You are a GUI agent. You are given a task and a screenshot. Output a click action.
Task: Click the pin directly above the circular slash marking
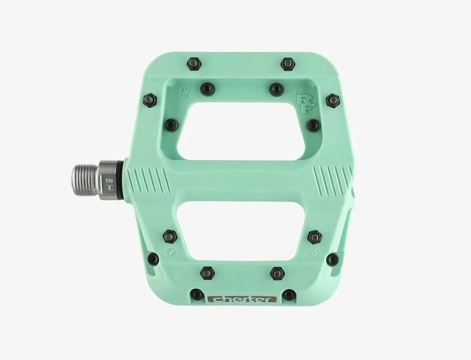click(x=170, y=233)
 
